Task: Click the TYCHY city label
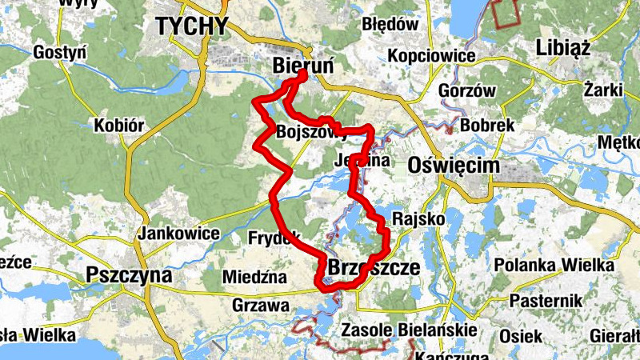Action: coord(192,26)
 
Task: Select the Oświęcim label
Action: coord(454,166)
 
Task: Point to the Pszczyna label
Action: coord(129,275)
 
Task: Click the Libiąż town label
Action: coord(568,46)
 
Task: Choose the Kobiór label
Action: coord(118,126)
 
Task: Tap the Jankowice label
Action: coord(179,234)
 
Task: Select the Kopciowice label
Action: coord(431,56)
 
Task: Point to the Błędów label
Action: coord(390,24)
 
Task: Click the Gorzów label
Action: coord(468,90)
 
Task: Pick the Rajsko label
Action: coord(414,218)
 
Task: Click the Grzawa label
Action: coord(260,305)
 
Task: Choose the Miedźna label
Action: coord(255,277)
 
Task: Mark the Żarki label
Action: coord(603,89)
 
